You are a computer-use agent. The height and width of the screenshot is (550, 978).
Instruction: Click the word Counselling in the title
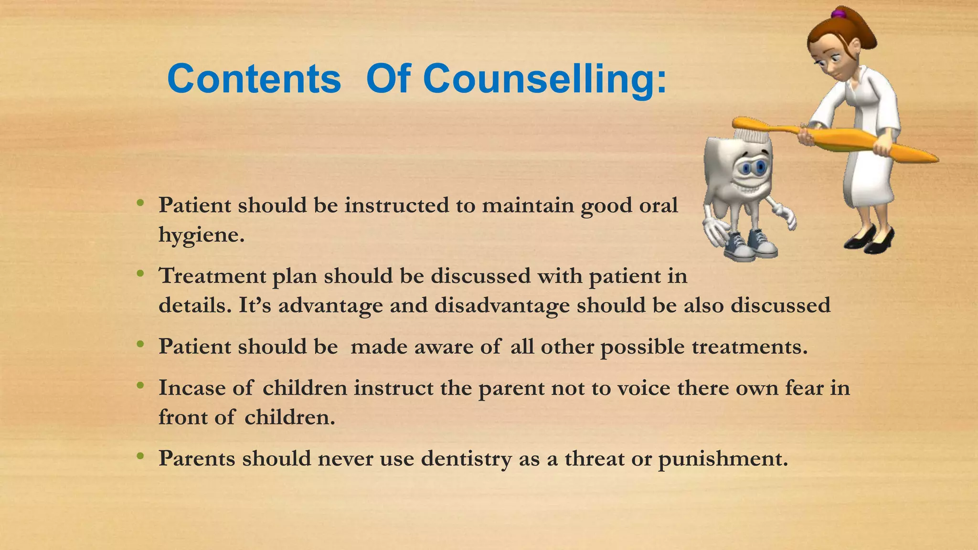point(544,79)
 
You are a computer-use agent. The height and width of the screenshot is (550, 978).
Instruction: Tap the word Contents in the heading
point(254,79)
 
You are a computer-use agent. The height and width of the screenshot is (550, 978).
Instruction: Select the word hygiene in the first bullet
point(201,235)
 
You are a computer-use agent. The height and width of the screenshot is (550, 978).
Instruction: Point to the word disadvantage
point(502,306)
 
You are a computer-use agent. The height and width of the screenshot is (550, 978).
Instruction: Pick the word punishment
point(723,459)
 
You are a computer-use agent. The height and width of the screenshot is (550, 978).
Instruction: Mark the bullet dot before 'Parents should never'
point(140,457)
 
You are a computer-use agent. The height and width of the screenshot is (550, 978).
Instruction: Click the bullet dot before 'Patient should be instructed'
point(140,203)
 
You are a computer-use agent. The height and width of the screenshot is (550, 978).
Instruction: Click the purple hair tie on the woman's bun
point(836,13)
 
